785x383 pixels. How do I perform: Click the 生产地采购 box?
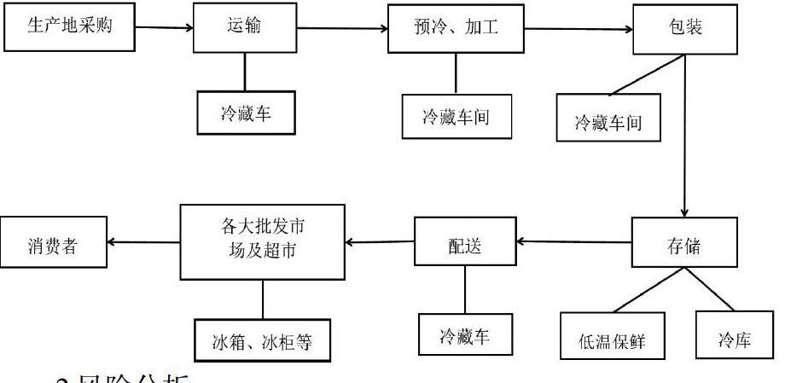click(69, 27)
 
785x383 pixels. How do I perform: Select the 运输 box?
click(247, 29)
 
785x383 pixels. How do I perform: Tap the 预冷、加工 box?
click(454, 30)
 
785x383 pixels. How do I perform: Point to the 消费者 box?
click(55, 241)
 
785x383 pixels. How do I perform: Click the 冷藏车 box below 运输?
click(247, 113)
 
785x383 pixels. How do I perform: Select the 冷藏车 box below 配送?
click(465, 334)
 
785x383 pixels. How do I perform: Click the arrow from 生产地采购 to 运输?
click(165, 28)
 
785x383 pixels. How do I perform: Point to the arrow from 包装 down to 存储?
click(684, 136)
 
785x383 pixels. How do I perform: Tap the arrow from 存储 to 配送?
click(573, 242)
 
